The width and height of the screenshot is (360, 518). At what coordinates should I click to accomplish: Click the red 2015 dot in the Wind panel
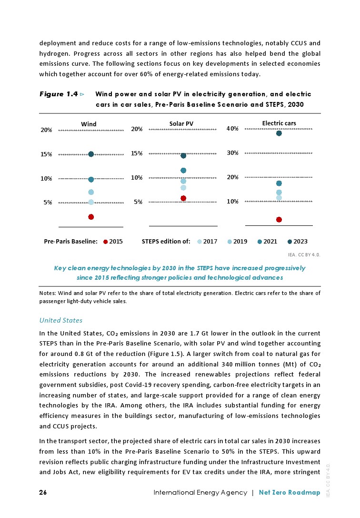[91, 217]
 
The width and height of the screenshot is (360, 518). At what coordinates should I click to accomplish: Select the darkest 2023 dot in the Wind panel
[91, 154]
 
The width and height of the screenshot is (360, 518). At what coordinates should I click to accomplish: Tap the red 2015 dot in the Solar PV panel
[183, 198]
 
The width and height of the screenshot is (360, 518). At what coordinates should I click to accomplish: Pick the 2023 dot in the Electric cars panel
[279, 133]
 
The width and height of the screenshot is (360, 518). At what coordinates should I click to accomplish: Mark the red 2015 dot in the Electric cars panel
[279, 220]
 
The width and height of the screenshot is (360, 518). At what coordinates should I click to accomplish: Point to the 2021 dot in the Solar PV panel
[183, 170]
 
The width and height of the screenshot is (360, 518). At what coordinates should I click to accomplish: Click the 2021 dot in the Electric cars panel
[279, 183]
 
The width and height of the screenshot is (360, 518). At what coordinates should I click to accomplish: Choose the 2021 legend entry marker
[259, 242]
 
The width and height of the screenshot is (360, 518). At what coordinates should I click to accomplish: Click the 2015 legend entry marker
[105, 242]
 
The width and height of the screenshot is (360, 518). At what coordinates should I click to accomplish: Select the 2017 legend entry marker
[200, 242]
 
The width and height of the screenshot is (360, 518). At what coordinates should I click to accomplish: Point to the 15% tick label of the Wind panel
[46, 154]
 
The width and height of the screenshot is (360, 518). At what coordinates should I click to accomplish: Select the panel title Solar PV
[181, 124]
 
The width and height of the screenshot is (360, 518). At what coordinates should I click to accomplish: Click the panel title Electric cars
[279, 123]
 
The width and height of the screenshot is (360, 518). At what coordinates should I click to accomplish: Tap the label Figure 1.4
[59, 94]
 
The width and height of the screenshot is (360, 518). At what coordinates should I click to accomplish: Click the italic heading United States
[60, 320]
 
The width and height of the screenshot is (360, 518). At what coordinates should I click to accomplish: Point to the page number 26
[43, 492]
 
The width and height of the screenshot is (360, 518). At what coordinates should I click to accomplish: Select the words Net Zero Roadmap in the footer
[290, 492]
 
